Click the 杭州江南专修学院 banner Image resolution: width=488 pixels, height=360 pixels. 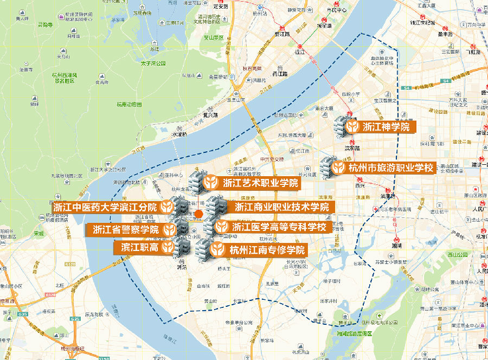tap(261, 250)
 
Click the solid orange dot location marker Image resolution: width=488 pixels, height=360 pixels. tap(199, 215)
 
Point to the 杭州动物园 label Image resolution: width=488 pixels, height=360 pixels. tap(129, 105)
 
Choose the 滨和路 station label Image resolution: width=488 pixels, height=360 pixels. tap(352, 147)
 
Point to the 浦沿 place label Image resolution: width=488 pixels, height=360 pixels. tap(182, 267)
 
